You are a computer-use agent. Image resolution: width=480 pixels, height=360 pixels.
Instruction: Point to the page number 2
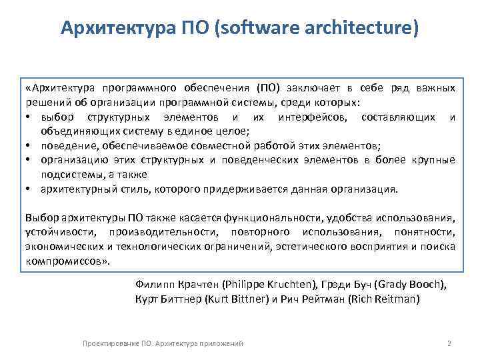coord(449,343)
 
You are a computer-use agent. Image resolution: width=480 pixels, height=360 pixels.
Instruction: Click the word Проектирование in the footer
coord(110,343)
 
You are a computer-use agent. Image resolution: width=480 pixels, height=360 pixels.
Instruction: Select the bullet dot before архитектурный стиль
coord(31,189)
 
